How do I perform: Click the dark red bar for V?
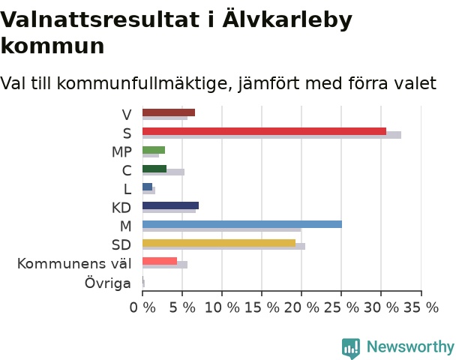(x=169, y=112)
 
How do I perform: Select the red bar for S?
(x=264, y=131)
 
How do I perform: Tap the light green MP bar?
(x=154, y=150)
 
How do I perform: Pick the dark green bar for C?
(x=154, y=169)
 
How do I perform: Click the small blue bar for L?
(x=148, y=187)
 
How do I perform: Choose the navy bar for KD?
(x=171, y=205)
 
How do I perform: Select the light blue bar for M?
(x=242, y=224)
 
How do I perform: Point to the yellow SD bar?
(x=219, y=243)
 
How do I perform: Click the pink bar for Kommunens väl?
(x=160, y=262)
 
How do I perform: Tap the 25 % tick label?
(x=341, y=307)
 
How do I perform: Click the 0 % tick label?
(x=142, y=307)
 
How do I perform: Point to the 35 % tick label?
(x=421, y=307)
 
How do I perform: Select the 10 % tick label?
(x=222, y=307)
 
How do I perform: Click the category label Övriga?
(x=108, y=283)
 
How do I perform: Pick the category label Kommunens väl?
(x=74, y=264)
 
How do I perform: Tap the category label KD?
(x=121, y=208)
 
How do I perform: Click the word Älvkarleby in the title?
(x=287, y=19)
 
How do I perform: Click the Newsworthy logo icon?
(x=351, y=348)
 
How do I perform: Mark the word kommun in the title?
(x=52, y=46)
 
